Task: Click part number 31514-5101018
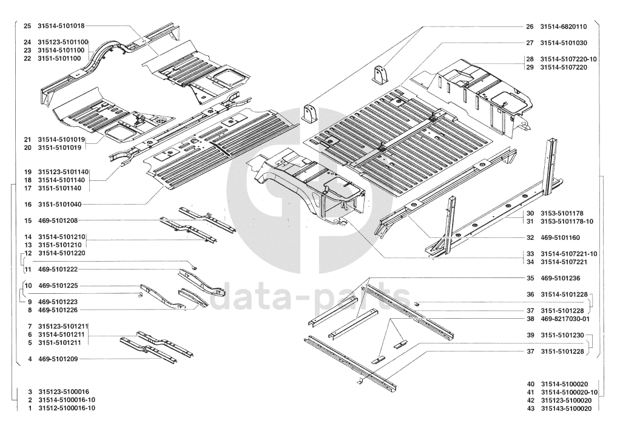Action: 61,26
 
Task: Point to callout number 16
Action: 27,205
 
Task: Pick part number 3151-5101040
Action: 61,205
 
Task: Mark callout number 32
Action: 530,237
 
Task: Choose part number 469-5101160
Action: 561,237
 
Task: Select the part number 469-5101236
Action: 561,278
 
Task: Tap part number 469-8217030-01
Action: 565,319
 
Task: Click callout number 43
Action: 530,409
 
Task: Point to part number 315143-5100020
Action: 565,409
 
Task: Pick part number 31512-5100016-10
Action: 66,409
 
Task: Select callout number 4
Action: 30,359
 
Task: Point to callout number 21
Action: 27,139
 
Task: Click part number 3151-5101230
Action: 563,335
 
